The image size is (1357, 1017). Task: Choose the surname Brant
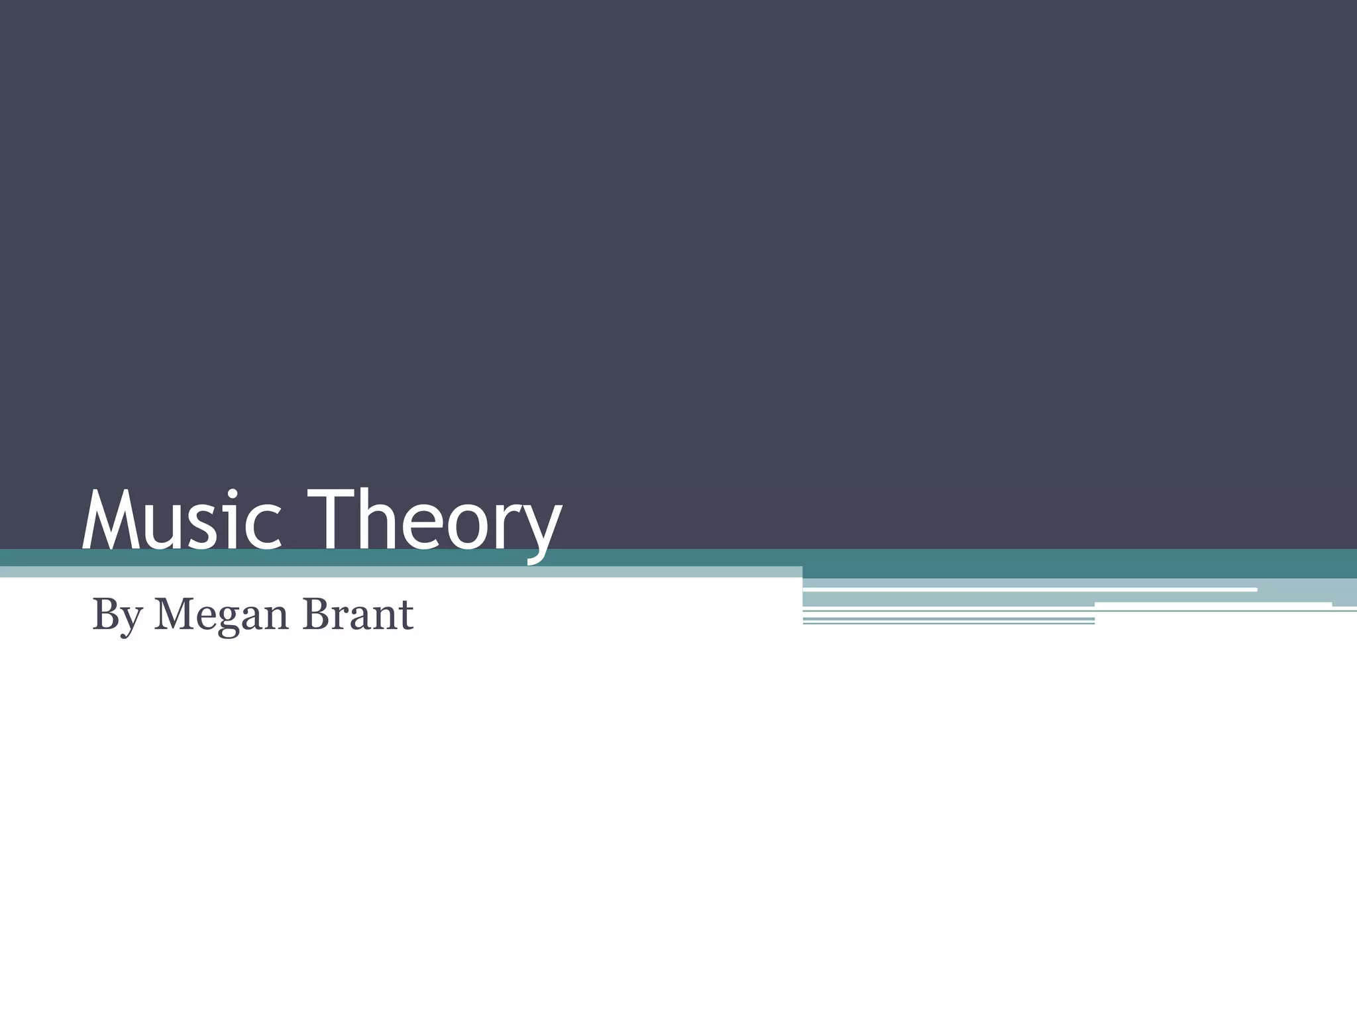[x=358, y=614]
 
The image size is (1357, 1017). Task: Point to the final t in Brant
[x=406, y=615]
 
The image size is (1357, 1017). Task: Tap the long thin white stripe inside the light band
[x=1030, y=589]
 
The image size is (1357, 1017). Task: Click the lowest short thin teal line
[x=948, y=623]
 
